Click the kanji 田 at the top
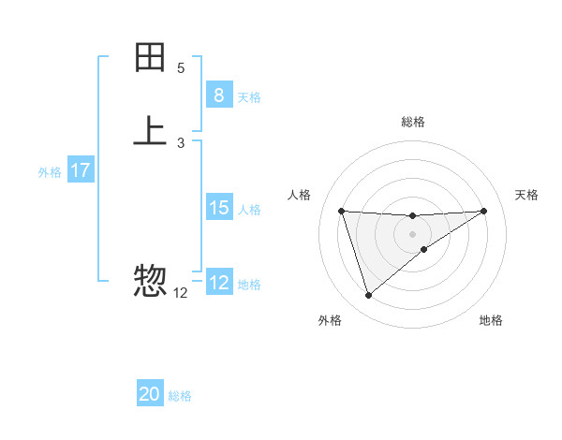tap(150, 58)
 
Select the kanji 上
tap(150, 131)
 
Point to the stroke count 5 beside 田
tap(181, 68)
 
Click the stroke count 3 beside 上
tap(181, 142)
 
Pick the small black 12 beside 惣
tap(181, 293)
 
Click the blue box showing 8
tap(218, 95)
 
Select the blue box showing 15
tap(218, 208)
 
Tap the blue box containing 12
tap(218, 283)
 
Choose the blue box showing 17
tap(80, 170)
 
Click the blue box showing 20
tap(150, 395)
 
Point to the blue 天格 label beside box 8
tap(249, 96)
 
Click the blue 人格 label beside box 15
tap(249, 209)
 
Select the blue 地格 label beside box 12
tap(249, 284)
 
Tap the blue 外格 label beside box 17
tap(50, 171)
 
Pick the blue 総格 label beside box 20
tap(180, 396)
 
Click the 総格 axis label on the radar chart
tap(413, 122)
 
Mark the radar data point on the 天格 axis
tap(483, 211)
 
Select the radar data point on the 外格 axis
tap(368, 296)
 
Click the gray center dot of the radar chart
tap(412, 234)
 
